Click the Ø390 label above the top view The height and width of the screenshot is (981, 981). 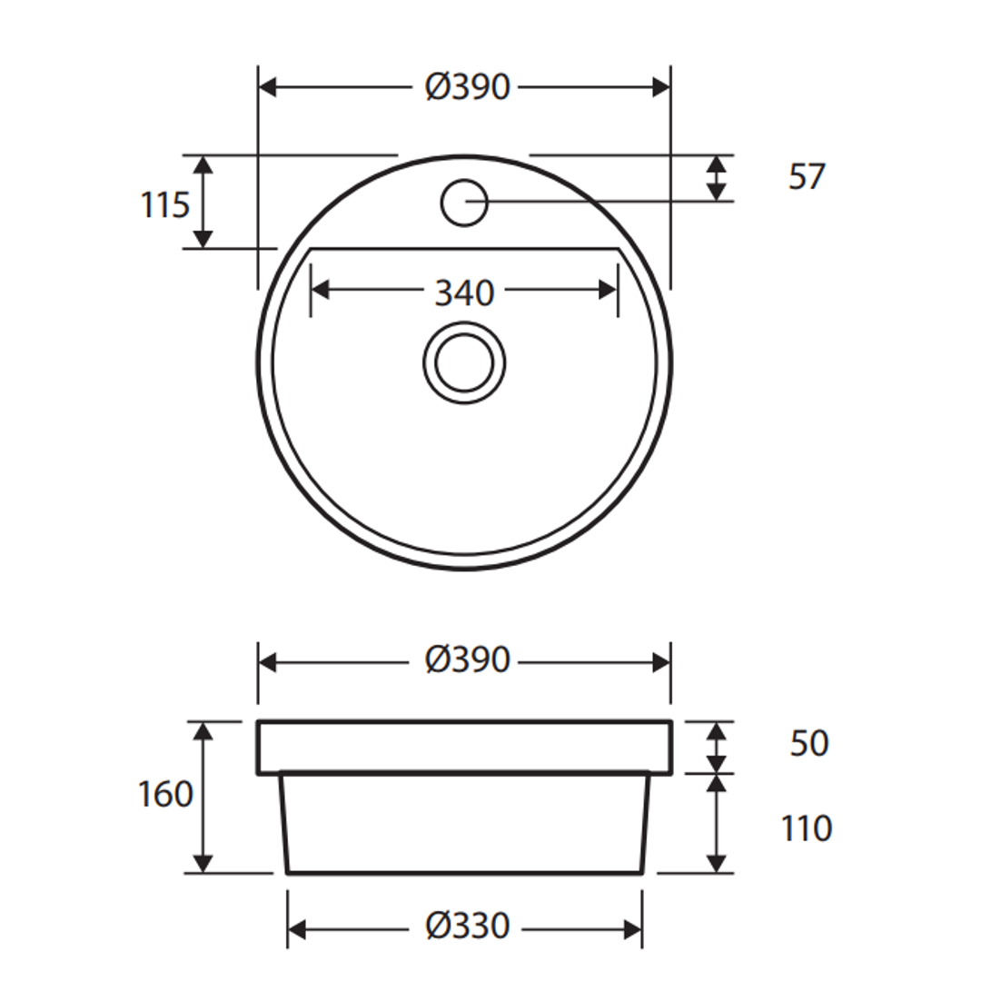click(468, 87)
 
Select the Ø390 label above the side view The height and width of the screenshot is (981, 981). click(468, 660)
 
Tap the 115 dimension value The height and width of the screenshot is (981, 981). click(164, 205)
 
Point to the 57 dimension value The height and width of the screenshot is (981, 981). click(807, 177)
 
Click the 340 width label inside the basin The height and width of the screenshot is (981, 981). click(464, 292)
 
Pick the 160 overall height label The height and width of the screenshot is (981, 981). click(165, 794)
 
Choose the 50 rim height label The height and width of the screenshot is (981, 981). click(808, 743)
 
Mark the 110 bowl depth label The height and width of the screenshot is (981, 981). click(807, 827)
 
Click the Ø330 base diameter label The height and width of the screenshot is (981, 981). click(468, 926)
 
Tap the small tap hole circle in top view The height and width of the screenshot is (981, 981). click(464, 201)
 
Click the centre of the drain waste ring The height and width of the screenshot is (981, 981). click(464, 362)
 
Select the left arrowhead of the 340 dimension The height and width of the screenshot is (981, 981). click(320, 291)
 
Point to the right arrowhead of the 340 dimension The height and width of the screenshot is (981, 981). click(609, 291)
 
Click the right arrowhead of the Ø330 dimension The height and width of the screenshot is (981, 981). click(633, 929)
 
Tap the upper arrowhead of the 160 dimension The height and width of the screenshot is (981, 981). click(203, 731)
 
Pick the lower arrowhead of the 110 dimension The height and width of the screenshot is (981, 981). click(717, 864)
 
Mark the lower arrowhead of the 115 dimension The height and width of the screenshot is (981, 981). click(203, 238)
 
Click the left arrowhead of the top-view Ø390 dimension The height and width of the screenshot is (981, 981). click(268, 87)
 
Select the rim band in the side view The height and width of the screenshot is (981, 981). click(464, 747)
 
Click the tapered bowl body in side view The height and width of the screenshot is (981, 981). click(464, 822)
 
